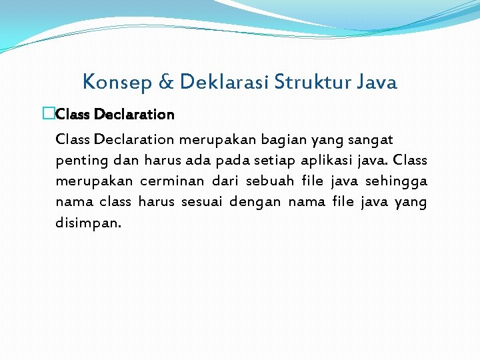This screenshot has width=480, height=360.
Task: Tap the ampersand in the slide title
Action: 165,83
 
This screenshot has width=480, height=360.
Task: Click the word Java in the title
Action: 377,82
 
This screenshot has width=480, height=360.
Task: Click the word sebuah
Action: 270,181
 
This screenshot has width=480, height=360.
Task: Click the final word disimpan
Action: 89,223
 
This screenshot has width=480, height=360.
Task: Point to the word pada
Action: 229,161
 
